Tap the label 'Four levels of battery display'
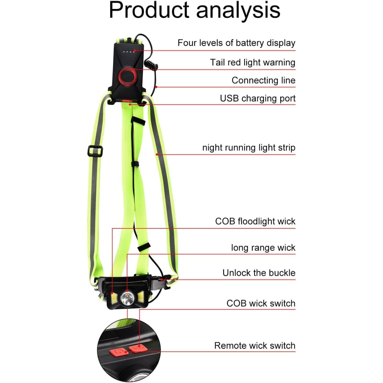point(236,43)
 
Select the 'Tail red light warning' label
point(252,63)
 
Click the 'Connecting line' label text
point(263,80)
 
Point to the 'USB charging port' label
point(258,98)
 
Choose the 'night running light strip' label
point(249,148)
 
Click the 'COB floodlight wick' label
point(255,221)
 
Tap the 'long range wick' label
point(263,248)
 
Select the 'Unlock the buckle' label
point(259,273)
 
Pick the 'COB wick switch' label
point(261,303)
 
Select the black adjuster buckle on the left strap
point(95,151)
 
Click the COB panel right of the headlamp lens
point(140,297)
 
